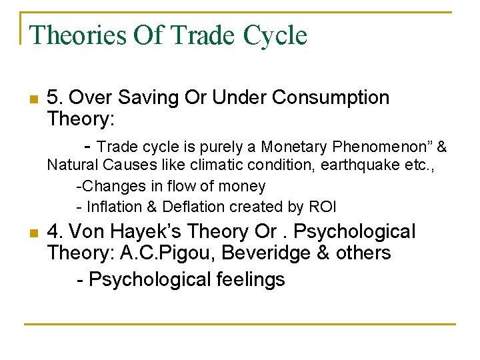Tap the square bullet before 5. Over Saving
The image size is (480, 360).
(33, 100)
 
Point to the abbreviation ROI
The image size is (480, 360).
(324, 207)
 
